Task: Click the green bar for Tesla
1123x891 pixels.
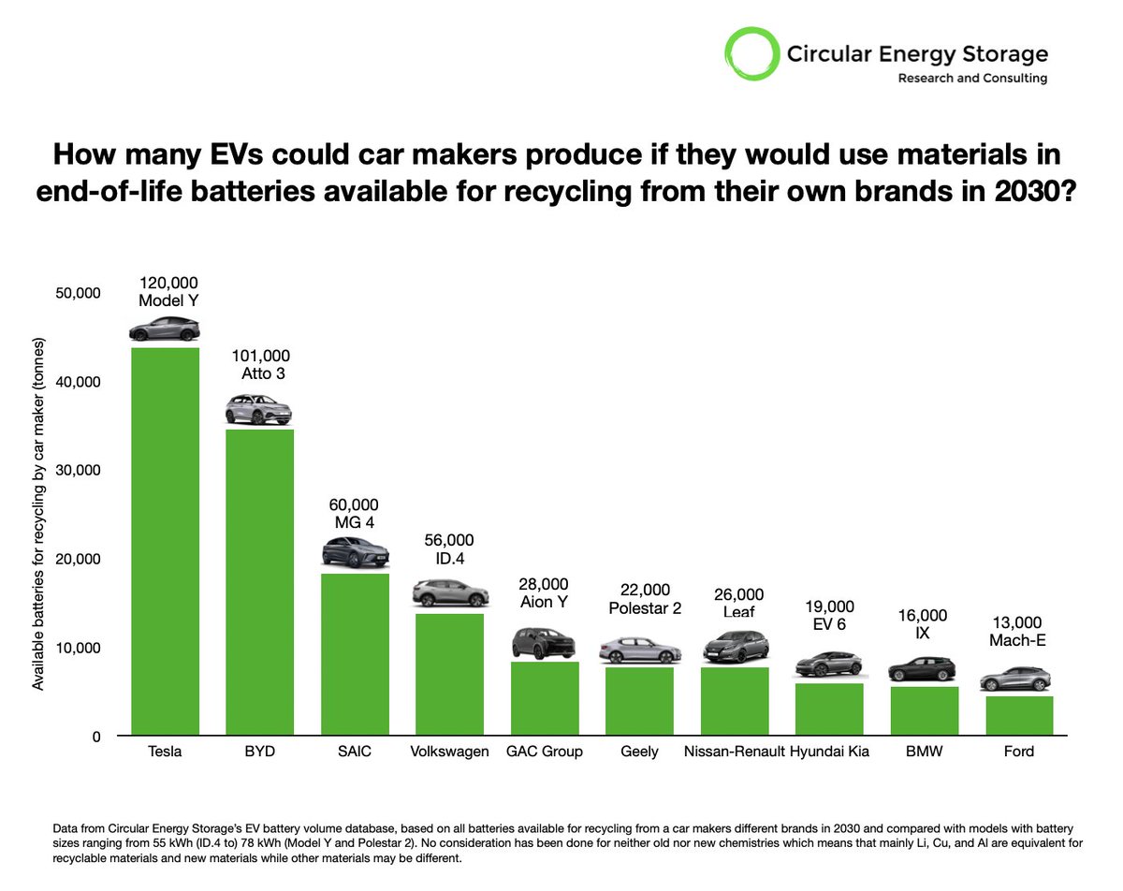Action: (165, 541)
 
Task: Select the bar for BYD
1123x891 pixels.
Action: (259, 581)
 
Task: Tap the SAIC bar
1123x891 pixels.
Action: (355, 654)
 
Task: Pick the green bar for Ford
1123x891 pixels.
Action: (1019, 715)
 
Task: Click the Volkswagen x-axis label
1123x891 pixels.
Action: (449, 752)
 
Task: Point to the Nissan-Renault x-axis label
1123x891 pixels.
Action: (734, 752)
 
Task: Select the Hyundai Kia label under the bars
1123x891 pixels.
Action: (829, 752)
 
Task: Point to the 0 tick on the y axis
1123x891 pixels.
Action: (95, 738)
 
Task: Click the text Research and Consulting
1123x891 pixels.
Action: (972, 79)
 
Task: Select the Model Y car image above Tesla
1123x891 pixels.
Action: (165, 329)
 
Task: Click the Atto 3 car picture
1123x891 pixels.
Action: (259, 410)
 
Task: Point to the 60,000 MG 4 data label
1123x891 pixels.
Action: (355, 513)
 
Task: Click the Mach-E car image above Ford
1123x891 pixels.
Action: (1019, 679)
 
